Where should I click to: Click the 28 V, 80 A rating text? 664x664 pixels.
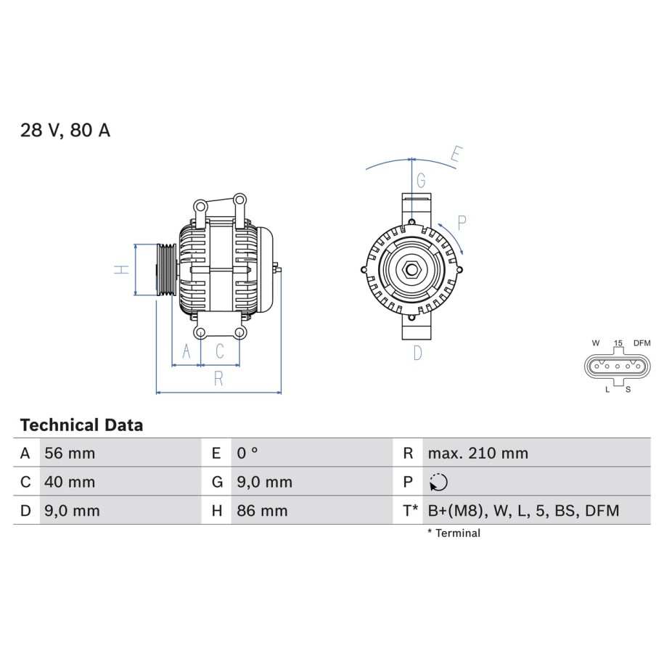click(65, 130)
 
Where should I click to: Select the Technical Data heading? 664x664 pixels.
click(81, 425)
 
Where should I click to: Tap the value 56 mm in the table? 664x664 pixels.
click(70, 453)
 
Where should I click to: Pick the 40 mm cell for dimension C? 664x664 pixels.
click(70, 482)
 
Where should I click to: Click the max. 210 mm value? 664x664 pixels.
click(478, 453)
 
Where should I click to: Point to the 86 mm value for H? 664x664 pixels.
click(262, 511)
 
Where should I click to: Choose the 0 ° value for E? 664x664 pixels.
click(247, 453)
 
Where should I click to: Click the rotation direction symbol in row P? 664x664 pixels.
click(438, 482)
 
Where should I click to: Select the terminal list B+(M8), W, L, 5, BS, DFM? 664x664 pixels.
click(523, 511)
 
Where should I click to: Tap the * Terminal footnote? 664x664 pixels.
click(454, 533)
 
